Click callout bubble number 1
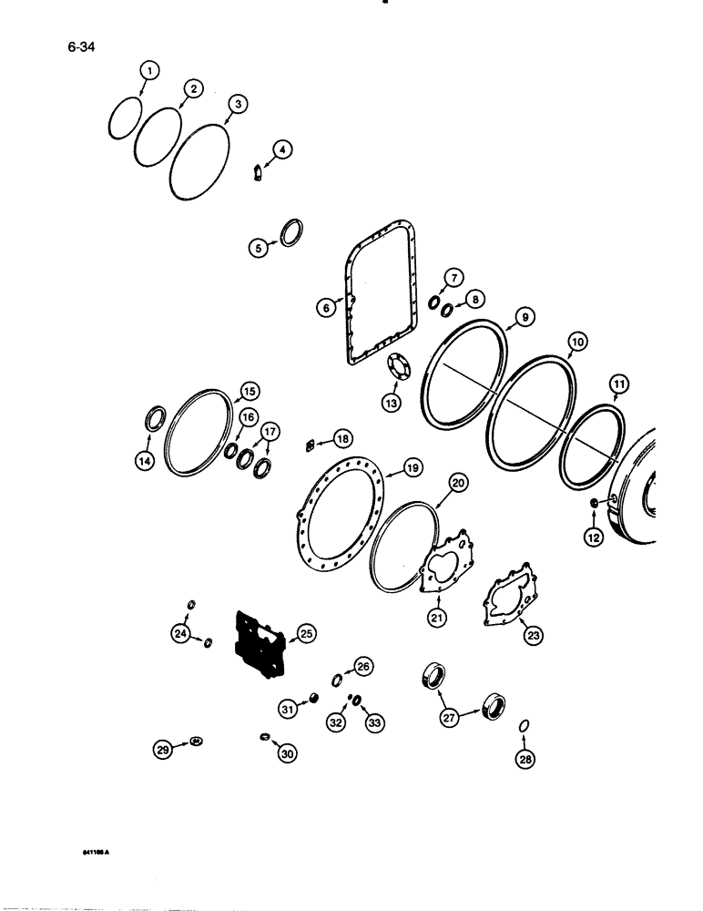click(x=149, y=69)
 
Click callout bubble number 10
click(x=575, y=343)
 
